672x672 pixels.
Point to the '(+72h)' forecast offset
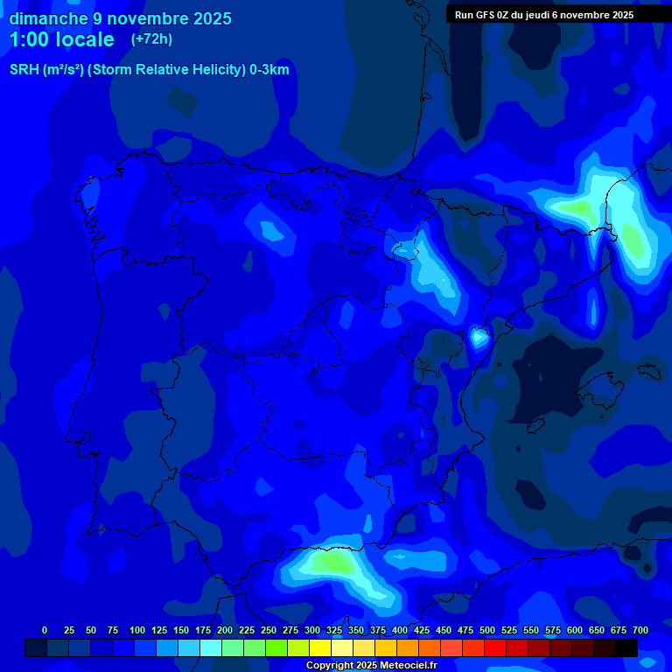[x=151, y=39]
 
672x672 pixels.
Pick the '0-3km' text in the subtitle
[x=269, y=70]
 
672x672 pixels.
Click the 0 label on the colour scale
[x=45, y=630]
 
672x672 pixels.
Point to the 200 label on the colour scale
[x=225, y=630]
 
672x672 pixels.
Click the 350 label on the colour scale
[x=356, y=630]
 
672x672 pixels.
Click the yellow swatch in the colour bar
[x=320, y=648]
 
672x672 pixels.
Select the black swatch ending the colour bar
[x=626, y=648]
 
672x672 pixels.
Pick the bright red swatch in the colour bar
[x=495, y=648]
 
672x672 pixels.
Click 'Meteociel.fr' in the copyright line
[x=407, y=666]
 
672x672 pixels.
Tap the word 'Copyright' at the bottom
[x=329, y=666]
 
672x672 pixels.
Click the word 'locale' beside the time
[x=84, y=39]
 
